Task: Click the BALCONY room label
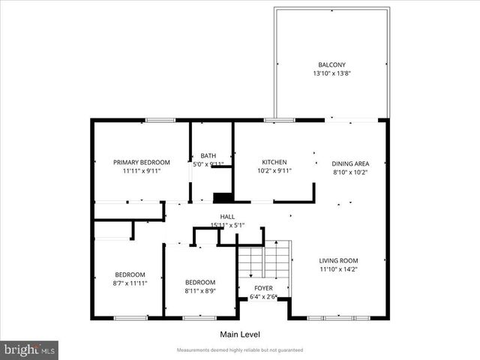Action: (331, 64)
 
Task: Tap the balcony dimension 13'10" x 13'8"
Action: (331, 73)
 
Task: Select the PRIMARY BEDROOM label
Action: (141, 162)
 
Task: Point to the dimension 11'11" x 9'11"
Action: (141, 171)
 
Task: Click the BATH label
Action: (208, 155)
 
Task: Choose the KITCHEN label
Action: (274, 162)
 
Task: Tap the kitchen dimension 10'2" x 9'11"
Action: (274, 171)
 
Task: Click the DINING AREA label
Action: (350, 163)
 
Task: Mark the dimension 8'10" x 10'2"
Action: (350, 172)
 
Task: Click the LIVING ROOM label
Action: (338, 260)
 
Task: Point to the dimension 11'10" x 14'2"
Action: (338, 269)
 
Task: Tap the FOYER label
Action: (262, 288)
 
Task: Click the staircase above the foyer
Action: (263, 262)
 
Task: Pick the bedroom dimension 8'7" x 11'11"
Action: (130, 283)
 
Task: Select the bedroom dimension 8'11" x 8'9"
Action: (200, 291)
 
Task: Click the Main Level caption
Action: (240, 334)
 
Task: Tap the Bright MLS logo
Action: (30, 349)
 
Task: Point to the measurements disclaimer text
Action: (240, 350)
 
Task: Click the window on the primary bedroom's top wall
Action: (160, 120)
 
